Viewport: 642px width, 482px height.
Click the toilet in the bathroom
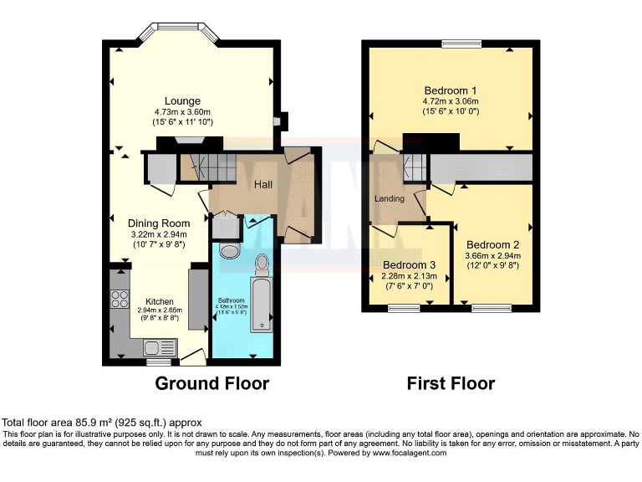click(264, 264)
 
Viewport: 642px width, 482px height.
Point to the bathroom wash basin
click(227, 251)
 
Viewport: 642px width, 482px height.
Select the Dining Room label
click(158, 223)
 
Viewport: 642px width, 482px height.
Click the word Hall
click(263, 184)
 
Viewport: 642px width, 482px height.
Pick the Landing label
click(390, 198)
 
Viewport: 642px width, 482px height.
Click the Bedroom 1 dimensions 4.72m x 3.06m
click(451, 102)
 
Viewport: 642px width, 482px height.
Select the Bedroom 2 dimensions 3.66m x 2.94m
click(492, 256)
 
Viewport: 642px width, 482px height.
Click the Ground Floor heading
click(212, 384)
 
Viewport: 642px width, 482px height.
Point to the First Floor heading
click(451, 384)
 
